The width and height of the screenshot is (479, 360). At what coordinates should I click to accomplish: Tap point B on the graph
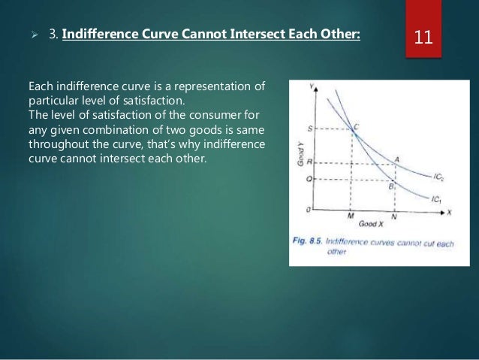pyautogui.click(x=391, y=183)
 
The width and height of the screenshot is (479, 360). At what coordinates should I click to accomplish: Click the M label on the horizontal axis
pyautogui.click(x=351, y=216)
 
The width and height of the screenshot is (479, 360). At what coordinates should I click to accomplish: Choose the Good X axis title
pyautogui.click(x=371, y=224)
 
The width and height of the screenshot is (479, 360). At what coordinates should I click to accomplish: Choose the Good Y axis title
pyautogui.click(x=299, y=152)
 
